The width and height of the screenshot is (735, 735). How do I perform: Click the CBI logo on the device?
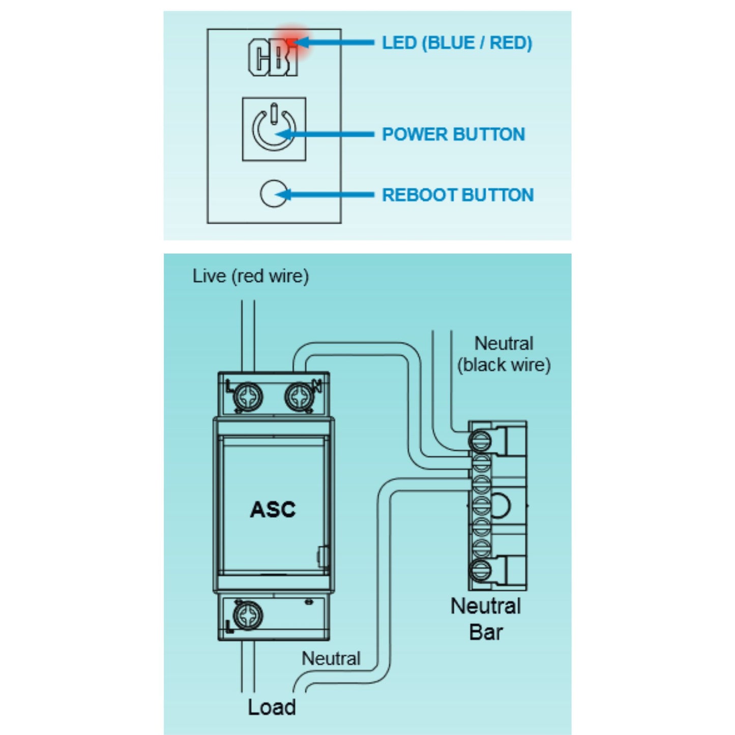coord(273,57)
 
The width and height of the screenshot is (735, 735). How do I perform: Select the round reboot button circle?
coord(273,194)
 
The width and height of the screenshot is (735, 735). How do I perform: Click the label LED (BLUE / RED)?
coord(457,43)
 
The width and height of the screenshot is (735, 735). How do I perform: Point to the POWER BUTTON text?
coord(453,134)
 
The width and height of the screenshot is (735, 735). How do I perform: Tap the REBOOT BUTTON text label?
coord(458,195)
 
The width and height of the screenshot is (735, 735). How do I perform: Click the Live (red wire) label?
coord(250,276)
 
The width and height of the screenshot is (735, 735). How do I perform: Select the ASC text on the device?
coord(273,509)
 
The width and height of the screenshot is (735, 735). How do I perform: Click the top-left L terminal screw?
coord(249,396)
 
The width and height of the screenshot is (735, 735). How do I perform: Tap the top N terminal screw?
coord(299,396)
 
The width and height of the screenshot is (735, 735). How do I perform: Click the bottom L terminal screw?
coord(249,614)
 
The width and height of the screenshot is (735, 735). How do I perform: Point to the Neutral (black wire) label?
coord(504,354)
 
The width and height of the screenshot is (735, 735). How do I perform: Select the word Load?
coord(272,707)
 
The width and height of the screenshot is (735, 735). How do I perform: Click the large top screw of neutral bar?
coord(480,441)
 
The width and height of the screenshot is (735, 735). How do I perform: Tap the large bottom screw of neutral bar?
coord(480,571)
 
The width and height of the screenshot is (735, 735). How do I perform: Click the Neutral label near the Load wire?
coord(331,658)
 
